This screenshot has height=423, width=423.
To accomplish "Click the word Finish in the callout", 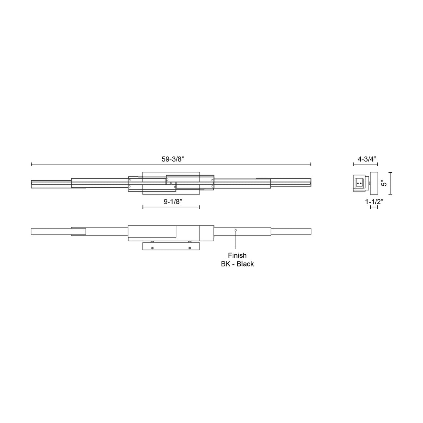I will [x=237, y=255].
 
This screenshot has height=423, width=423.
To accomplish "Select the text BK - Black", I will [x=237, y=264].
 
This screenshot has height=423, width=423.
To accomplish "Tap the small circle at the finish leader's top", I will [x=236, y=230].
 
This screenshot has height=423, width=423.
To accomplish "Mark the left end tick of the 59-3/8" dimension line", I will [x=31, y=165].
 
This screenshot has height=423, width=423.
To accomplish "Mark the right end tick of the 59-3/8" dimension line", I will [x=311, y=165].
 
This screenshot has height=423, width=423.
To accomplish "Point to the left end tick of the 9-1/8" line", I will [x=143, y=207].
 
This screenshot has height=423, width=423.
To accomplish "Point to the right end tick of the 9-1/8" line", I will [x=199, y=207].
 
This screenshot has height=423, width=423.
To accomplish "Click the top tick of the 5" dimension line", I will [x=391, y=173].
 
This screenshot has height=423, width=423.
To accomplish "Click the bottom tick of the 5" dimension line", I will [x=391, y=194].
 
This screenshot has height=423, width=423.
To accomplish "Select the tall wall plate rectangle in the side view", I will [x=374, y=183].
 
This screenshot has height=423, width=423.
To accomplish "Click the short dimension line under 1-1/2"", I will [x=374, y=207].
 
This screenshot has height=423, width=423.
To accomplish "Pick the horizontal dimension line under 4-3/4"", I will [x=366, y=165].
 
